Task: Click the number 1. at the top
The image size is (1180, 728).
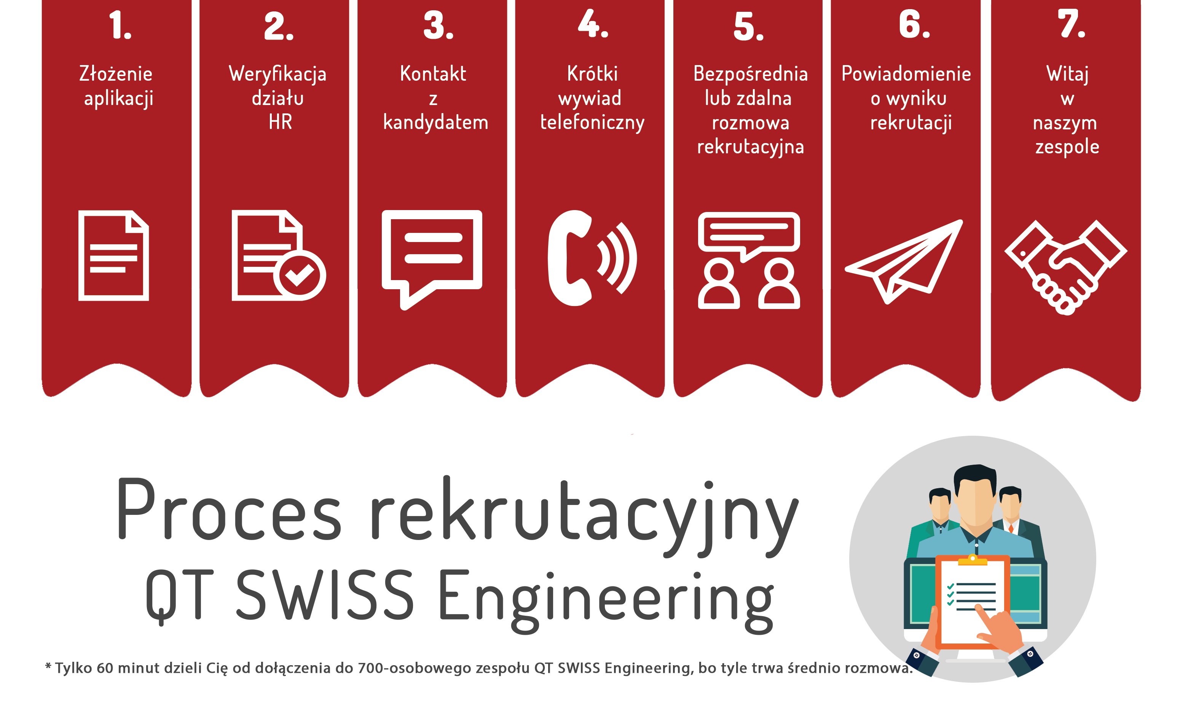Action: coord(120,25)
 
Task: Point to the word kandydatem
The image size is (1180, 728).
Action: coord(435,122)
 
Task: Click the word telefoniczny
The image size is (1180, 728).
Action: coord(592,123)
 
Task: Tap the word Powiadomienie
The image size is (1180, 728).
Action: coord(906,74)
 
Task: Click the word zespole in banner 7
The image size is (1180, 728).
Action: coord(1067,147)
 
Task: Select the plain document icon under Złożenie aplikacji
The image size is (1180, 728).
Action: coord(114,255)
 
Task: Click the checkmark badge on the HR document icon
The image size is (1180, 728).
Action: coord(300,275)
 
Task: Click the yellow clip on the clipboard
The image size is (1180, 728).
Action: coord(973,559)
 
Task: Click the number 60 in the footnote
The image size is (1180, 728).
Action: coord(105,668)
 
